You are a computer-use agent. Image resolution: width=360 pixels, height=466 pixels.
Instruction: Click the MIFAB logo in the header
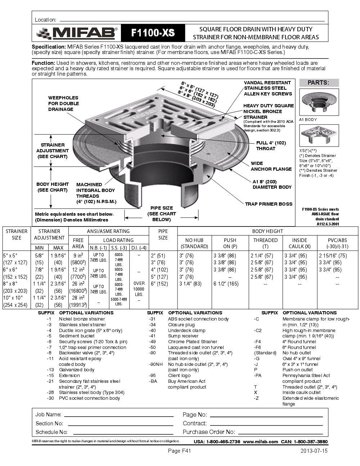(77, 33)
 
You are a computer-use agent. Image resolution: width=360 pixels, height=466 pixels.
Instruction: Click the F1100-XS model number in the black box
(153, 33)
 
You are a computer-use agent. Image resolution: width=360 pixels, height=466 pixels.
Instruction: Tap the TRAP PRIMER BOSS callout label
(269, 204)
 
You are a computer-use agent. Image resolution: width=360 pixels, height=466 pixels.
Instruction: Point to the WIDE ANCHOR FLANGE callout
(271, 166)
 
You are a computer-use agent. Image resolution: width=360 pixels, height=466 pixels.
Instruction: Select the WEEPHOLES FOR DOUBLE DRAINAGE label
(63, 103)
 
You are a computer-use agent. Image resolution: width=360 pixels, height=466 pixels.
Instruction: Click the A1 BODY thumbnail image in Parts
(319, 102)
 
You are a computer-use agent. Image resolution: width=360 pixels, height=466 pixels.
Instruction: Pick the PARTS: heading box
(318, 82)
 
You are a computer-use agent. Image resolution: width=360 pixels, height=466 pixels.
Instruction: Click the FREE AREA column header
(78, 243)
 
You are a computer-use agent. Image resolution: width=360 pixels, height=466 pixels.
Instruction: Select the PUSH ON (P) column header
(230, 243)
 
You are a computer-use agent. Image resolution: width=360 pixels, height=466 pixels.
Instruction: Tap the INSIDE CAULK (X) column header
(300, 243)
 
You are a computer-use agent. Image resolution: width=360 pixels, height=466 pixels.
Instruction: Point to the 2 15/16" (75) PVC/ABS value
(333, 256)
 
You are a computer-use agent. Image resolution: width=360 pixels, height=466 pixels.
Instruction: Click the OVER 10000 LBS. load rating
(139, 289)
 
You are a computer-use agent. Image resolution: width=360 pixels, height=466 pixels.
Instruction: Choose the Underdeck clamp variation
(186, 330)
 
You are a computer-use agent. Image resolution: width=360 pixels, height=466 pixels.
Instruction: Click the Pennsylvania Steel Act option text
(306, 375)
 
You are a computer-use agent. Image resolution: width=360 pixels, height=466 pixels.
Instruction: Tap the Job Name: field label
(48, 415)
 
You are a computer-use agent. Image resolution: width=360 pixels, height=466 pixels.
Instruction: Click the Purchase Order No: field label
(209, 432)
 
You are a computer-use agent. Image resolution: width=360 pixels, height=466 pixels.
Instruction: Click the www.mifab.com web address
(260, 442)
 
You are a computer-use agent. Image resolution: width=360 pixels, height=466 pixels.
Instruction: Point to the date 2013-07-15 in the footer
(314, 451)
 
